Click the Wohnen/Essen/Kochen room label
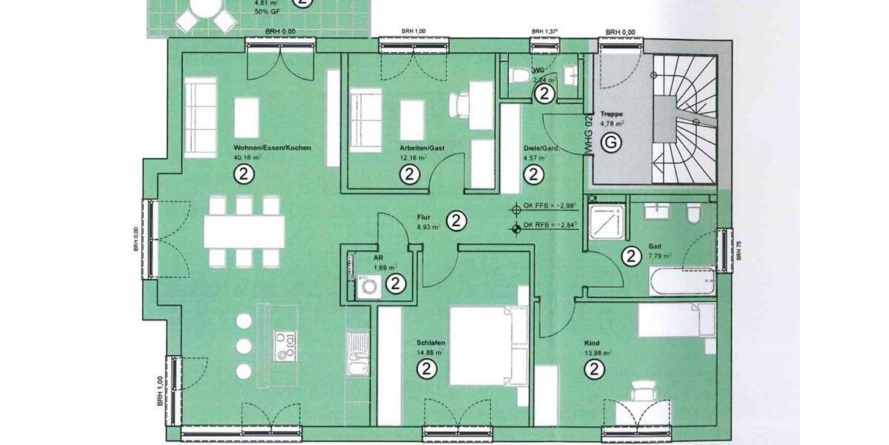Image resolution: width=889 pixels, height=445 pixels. tap(271, 148)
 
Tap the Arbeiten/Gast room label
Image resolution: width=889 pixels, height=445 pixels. tap(413, 148)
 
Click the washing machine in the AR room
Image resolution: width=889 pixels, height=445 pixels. tap(367, 286)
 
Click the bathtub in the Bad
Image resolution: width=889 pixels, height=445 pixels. tap(682, 281)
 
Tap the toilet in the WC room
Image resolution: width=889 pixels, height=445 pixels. tap(521, 74)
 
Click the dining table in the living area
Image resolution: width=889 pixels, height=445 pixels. tap(244, 231)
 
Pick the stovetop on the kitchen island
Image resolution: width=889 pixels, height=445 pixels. tap(287, 345)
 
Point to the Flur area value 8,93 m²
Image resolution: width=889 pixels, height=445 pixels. tap(427, 228)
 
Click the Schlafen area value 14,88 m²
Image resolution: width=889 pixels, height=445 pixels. tap(430, 352)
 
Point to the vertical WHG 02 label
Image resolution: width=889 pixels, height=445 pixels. tap(589, 134)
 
